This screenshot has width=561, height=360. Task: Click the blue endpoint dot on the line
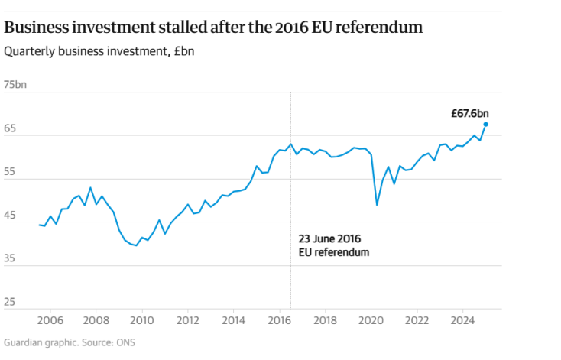coord(485,125)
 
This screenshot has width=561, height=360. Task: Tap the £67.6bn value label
coord(469,113)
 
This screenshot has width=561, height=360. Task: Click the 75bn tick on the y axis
coord(15,84)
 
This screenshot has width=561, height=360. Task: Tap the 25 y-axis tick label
coord(10,302)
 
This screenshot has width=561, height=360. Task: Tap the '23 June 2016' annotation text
coord(328,238)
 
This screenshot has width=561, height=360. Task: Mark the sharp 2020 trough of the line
coord(377,204)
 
